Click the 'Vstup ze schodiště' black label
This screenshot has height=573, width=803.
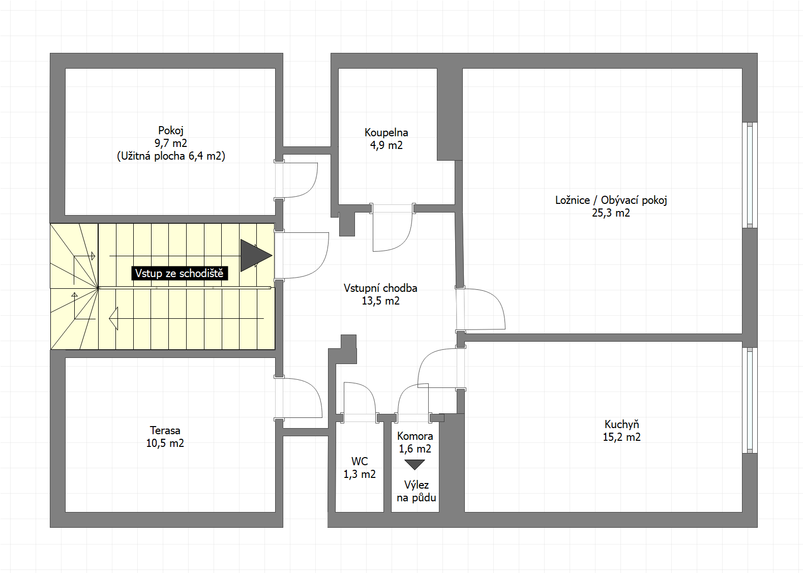pos(180,274)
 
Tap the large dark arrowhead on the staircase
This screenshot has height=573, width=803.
pos(256,256)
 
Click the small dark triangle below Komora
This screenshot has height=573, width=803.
pos(415,465)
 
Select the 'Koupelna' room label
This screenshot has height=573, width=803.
pos(386,133)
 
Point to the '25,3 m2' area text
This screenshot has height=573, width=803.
pos(611,213)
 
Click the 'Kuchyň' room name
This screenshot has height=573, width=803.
pos(621,425)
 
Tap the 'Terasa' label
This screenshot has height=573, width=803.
pos(165,430)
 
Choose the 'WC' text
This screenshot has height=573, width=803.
pos(360,461)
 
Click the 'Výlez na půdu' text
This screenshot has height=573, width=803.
pos(417,491)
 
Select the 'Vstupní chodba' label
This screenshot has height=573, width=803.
pos(380,288)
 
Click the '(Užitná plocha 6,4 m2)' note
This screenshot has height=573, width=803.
pos(171,156)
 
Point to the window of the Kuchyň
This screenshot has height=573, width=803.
pos(750,400)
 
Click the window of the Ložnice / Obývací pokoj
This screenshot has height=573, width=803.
pos(750,175)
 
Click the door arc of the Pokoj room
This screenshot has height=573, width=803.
pos(312,187)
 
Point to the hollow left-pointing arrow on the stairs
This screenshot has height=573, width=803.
pos(113,319)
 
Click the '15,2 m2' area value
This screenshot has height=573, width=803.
pos(621,437)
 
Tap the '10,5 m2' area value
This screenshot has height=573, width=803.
pos(165,443)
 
